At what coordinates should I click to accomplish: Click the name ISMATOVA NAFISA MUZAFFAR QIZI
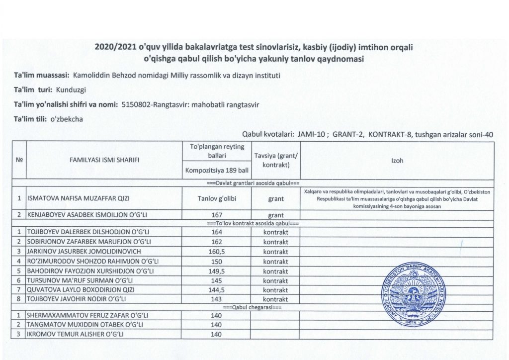(x=79, y=199)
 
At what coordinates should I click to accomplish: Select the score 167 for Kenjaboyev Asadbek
(x=216, y=216)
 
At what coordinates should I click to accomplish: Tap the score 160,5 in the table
(x=216, y=252)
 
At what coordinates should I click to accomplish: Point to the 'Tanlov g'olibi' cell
(x=216, y=199)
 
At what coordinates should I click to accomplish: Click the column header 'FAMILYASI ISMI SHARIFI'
(x=104, y=160)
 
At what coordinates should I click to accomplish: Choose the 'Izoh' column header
(x=397, y=160)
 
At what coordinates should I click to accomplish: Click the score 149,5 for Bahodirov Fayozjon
(x=216, y=270)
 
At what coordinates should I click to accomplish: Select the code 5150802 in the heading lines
(x=137, y=105)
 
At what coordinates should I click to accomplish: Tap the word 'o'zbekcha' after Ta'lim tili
(x=66, y=119)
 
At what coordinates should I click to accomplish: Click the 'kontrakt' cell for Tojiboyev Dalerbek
(x=275, y=233)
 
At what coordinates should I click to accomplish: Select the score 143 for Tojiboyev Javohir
(x=216, y=299)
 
